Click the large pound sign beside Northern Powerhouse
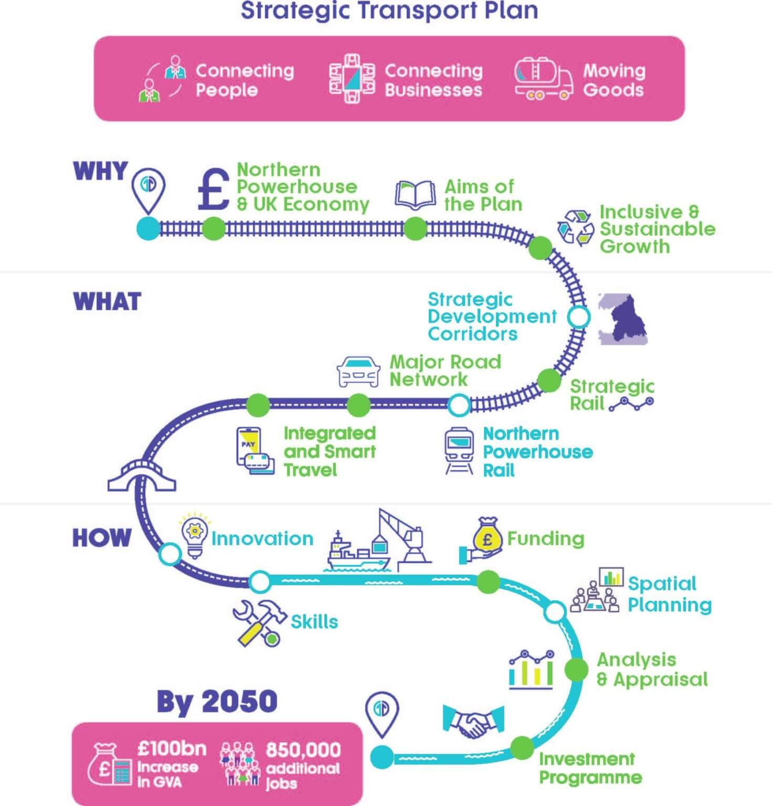[x=214, y=189]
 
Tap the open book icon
[x=415, y=194]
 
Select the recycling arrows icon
[x=575, y=228]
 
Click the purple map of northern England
[x=623, y=319]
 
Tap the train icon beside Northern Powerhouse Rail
[x=459, y=451]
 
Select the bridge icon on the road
[x=141, y=475]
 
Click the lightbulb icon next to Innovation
[x=195, y=535]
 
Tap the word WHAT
[x=107, y=301]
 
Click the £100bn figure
[x=172, y=749]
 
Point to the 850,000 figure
[x=303, y=750]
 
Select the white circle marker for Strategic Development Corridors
[x=579, y=317]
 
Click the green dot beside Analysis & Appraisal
[x=576, y=670]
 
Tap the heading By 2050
[x=217, y=701]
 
